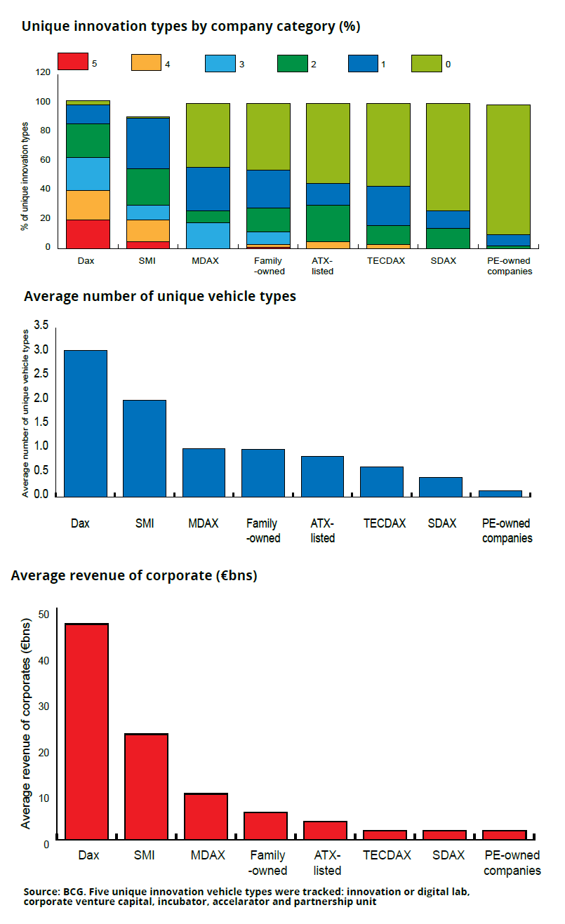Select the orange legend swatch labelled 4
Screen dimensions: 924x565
point(145,62)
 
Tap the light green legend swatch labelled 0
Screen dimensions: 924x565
point(425,62)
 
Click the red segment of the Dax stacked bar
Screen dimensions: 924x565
point(88,234)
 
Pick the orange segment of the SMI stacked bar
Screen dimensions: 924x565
point(147,230)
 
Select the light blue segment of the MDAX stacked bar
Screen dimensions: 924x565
point(208,235)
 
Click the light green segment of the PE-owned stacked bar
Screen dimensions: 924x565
point(508,169)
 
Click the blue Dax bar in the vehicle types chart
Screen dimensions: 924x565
point(86,423)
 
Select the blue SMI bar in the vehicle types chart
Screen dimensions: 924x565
point(145,448)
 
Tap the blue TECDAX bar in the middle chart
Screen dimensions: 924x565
point(383,481)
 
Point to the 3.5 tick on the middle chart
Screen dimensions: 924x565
point(41,326)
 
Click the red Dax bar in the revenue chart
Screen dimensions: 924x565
point(87,730)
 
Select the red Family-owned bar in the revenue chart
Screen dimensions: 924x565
point(265,825)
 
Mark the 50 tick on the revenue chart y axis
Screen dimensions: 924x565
point(44,615)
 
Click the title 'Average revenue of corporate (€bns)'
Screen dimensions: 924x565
point(134,576)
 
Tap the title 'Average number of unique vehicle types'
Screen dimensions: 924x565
point(159,296)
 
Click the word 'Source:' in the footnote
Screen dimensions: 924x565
point(41,892)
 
